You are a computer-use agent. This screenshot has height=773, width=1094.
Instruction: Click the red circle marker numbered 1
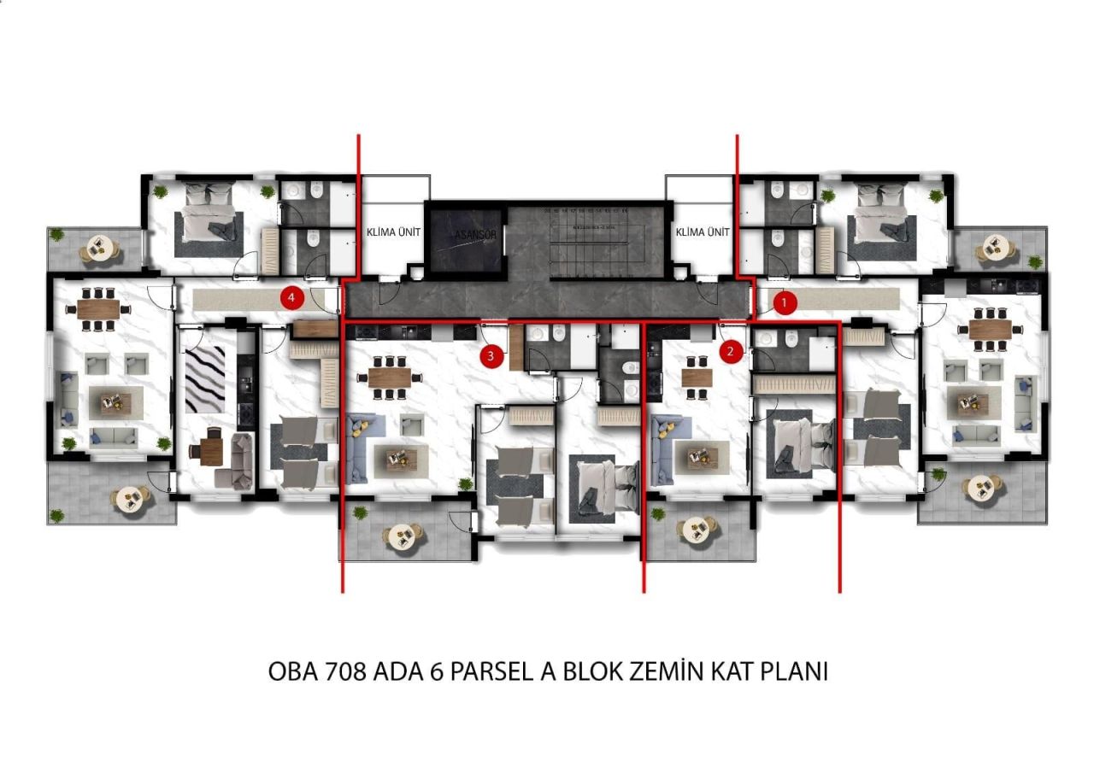[784, 302]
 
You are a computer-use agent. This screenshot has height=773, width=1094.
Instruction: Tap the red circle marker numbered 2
[730, 350]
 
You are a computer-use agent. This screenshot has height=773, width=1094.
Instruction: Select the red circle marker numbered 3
[491, 356]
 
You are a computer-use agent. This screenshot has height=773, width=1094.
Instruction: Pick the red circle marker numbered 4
[292, 298]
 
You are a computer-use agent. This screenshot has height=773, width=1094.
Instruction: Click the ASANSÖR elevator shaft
[465, 238]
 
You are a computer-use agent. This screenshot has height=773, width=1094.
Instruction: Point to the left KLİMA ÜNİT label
[392, 232]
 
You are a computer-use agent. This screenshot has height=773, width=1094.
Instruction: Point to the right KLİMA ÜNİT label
[702, 232]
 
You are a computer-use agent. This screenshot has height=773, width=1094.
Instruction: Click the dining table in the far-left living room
[99, 309]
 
